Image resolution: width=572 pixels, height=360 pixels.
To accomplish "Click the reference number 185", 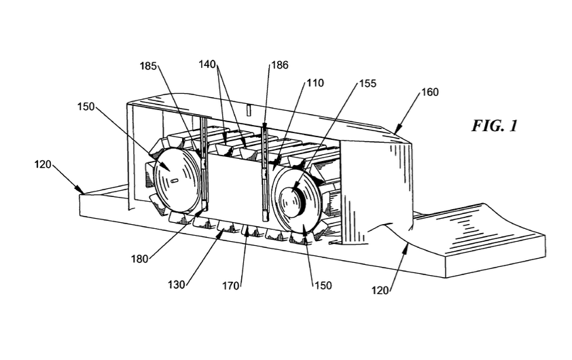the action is (149, 66).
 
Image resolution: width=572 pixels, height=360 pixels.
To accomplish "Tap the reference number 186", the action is (280, 65).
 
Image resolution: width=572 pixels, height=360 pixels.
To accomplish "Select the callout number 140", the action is (207, 65).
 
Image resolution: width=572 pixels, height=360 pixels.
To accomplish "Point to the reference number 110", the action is (315, 83).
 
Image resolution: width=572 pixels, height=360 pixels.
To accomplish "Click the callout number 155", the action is (367, 84).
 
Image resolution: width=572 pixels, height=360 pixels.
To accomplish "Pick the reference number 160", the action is (430, 92).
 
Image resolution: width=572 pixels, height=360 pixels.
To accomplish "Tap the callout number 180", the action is (140, 259).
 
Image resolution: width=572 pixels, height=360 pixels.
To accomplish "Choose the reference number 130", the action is (177, 285).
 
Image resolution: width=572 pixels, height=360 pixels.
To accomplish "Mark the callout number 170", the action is (231, 285).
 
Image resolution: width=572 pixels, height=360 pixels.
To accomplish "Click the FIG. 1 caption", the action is (495, 126).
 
